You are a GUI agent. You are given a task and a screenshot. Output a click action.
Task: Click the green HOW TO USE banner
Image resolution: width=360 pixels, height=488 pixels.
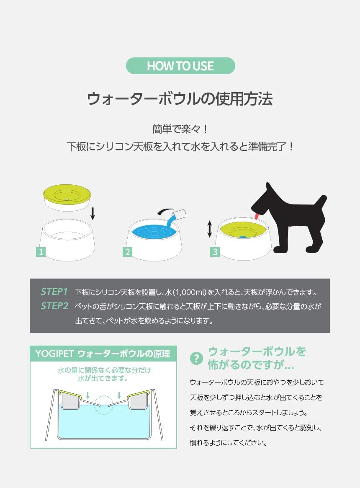click(180, 66)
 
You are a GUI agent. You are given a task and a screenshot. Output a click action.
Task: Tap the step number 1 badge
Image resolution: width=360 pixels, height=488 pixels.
click(41, 251)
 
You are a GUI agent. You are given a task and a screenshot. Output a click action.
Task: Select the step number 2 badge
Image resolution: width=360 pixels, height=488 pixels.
click(128, 251)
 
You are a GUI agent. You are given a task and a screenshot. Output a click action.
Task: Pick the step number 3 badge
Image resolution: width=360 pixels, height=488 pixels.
click(215, 251)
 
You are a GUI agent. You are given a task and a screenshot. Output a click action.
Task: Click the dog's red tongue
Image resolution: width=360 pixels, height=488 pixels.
click(257, 216)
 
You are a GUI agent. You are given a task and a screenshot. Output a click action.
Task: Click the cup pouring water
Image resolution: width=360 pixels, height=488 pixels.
click(179, 215)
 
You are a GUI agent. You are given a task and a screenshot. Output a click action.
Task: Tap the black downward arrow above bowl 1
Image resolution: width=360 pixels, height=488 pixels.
click(93, 214)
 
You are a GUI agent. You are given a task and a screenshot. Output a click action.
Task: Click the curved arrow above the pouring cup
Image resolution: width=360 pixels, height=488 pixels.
click(165, 211)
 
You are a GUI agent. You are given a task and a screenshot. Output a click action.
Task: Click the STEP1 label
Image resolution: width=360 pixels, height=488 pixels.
click(54, 292)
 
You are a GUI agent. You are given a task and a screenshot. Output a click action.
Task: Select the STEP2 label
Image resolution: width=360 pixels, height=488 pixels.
click(54, 306)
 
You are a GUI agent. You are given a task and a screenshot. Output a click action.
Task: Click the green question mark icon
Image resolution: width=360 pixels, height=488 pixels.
click(196, 358)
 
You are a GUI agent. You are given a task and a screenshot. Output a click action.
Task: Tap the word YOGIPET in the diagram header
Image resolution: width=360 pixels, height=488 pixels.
click(54, 354)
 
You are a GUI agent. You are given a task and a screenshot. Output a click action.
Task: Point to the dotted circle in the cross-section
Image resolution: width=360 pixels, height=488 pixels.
click(104, 405)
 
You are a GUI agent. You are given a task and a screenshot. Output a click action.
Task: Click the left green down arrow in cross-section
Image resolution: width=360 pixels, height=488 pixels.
click(88, 395)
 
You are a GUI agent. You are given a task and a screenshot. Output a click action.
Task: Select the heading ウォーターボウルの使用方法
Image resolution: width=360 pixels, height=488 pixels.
click(180, 99)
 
